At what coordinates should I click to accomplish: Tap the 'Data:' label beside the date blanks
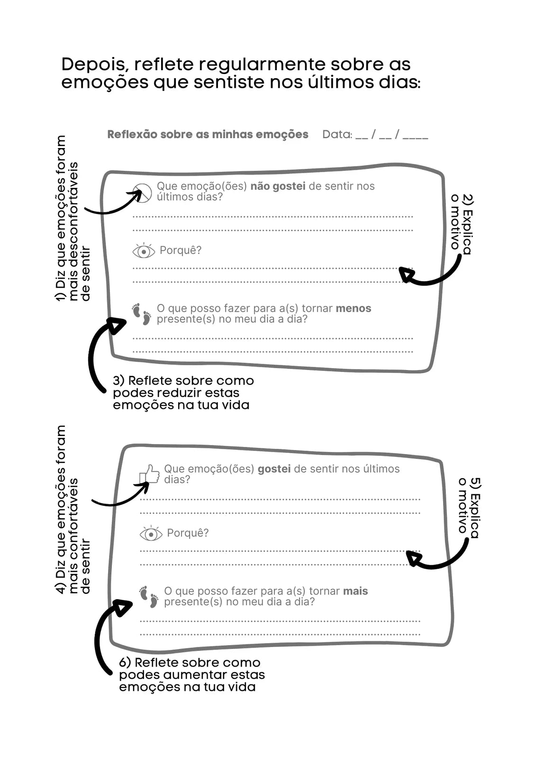(337, 135)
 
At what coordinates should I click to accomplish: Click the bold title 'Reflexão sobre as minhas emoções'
(208, 135)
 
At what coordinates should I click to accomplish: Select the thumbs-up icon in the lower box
(149, 474)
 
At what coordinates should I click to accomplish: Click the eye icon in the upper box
(144, 251)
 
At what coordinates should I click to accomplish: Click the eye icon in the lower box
(151, 534)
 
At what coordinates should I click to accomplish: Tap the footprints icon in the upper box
(142, 314)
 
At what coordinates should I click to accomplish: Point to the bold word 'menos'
(354, 308)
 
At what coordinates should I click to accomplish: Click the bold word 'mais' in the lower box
(355, 591)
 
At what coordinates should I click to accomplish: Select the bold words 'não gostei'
(278, 186)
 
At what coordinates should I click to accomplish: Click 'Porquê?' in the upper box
(181, 250)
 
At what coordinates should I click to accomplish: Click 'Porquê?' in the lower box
(188, 533)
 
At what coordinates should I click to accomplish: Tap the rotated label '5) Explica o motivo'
(469, 508)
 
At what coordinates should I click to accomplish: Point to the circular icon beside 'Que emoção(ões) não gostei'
(142, 193)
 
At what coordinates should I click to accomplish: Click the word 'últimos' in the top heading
(341, 83)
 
